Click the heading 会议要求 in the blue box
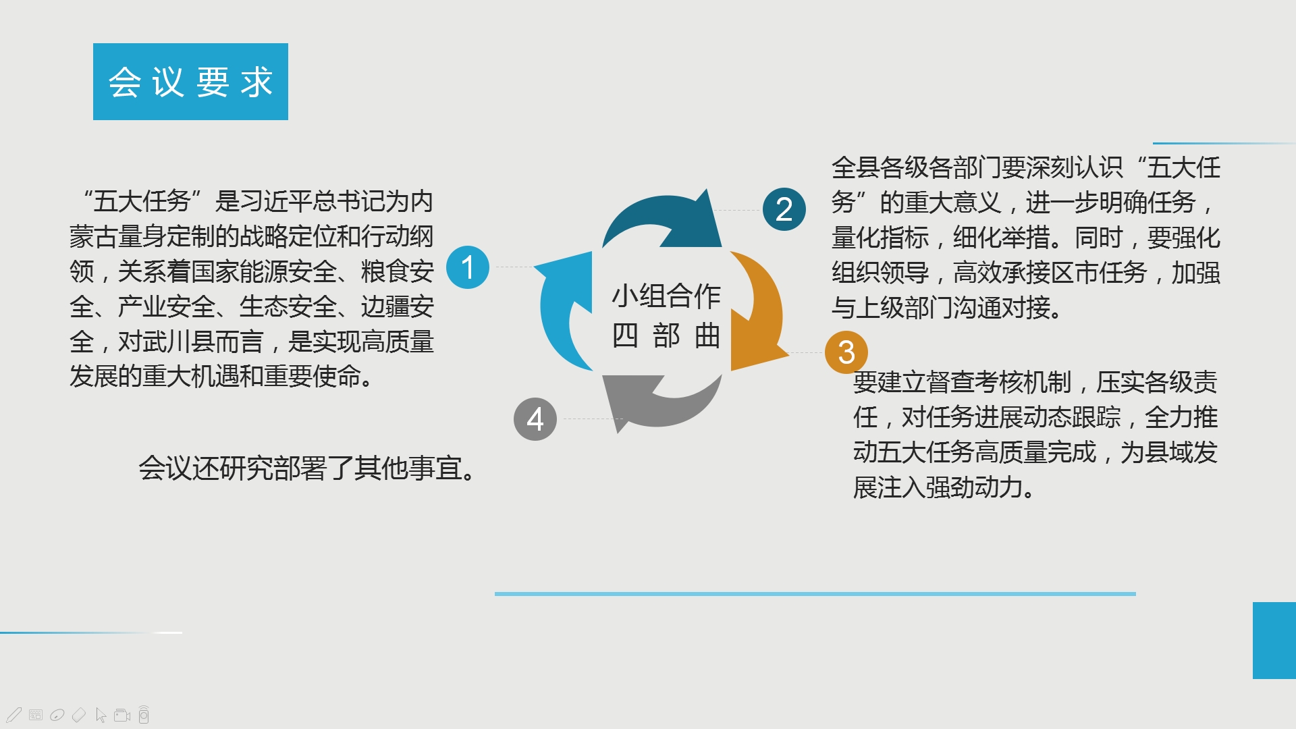(190, 82)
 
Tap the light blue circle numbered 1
(468, 267)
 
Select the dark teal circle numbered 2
(784, 209)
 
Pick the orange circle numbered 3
(846, 352)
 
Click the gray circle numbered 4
(535, 419)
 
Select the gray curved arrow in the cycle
(658, 408)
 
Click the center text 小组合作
(666, 296)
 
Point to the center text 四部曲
(666, 335)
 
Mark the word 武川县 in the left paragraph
(178, 342)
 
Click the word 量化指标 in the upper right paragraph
(880, 238)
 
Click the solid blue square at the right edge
(1274, 641)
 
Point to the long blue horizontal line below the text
(815, 594)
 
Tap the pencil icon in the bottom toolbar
(14, 715)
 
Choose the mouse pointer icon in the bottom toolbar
(101, 715)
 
